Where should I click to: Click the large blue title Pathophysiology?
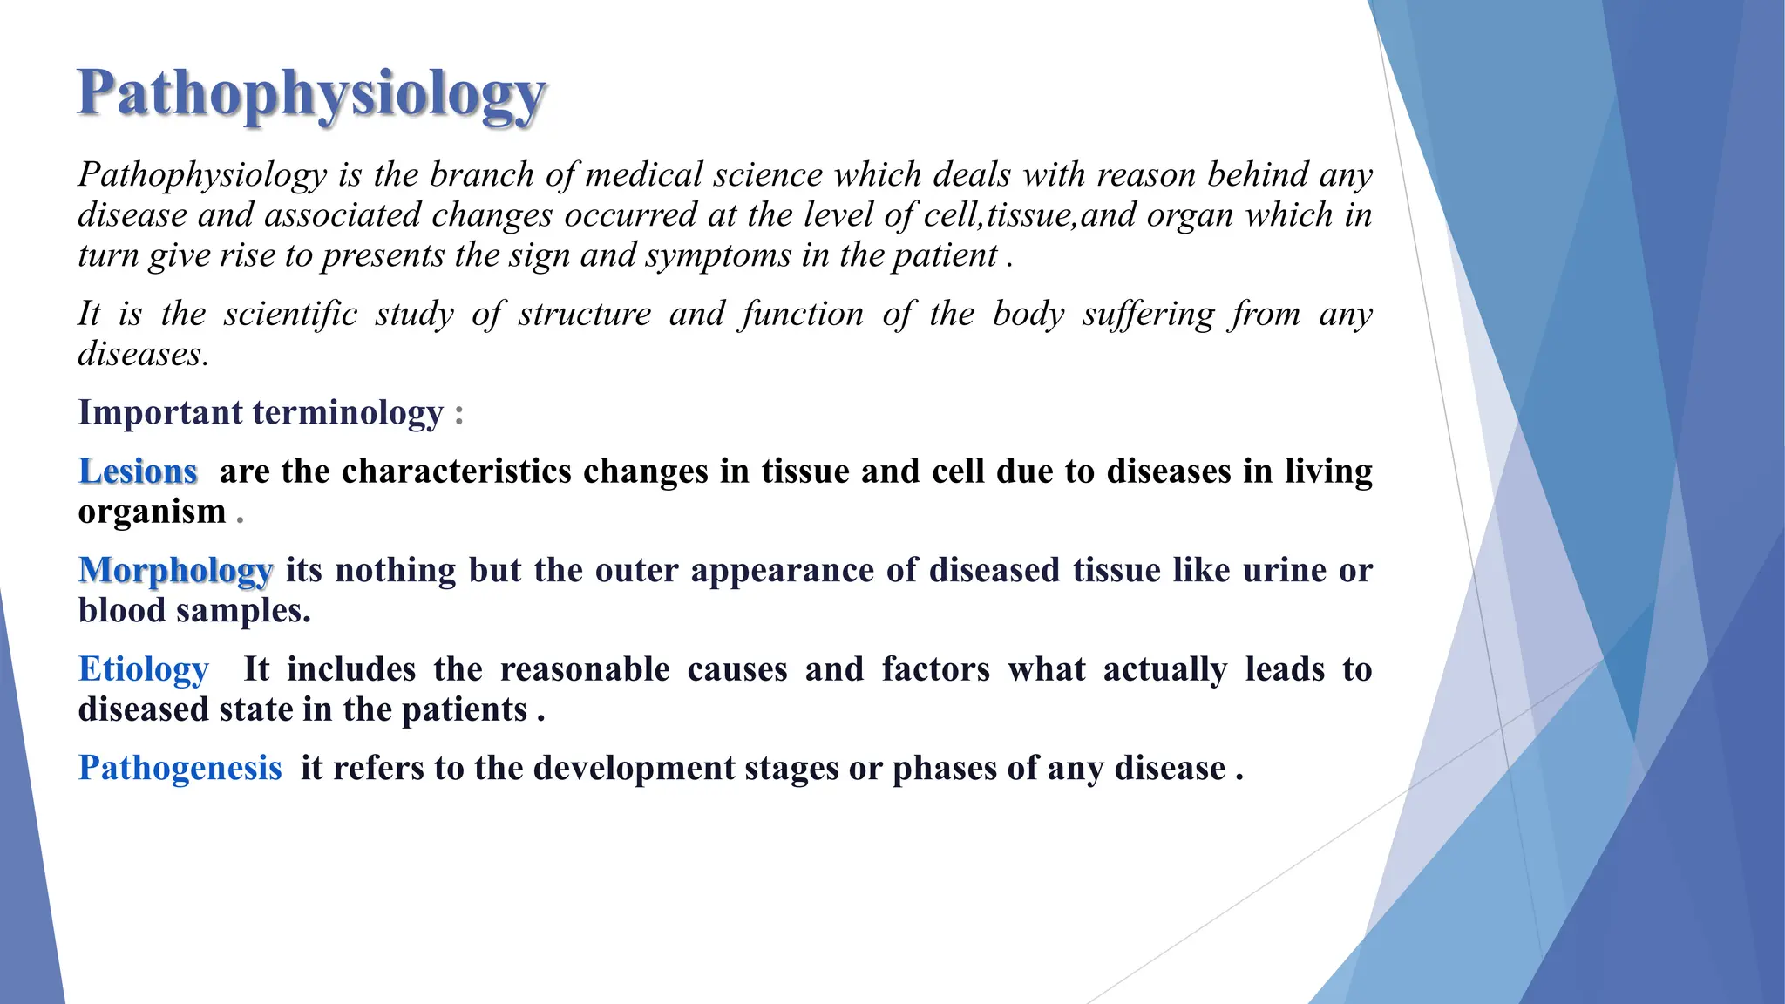click(x=311, y=94)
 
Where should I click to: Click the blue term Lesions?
click(x=138, y=471)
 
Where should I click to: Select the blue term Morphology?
click(x=175, y=571)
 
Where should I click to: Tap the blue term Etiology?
click(x=144, y=669)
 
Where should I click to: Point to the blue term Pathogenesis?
click(x=180, y=768)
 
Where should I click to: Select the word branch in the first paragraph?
click(x=481, y=175)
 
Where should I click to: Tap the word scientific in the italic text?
click(x=290, y=314)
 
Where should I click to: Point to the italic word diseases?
click(x=143, y=354)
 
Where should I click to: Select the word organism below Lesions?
click(x=152, y=512)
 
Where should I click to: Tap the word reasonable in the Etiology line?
click(x=585, y=669)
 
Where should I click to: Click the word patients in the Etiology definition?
click(x=464, y=709)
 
